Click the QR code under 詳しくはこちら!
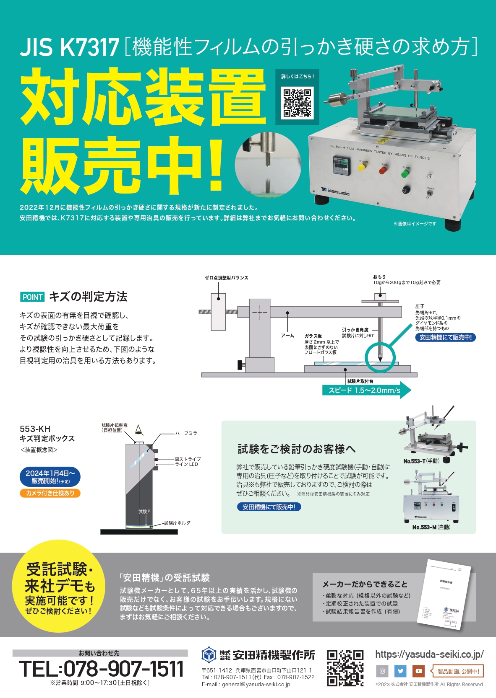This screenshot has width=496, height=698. click(x=297, y=102)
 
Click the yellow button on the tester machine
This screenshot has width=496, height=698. click(x=361, y=168)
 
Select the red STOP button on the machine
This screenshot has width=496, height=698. click(x=383, y=170)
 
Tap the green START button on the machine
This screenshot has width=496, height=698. click(x=405, y=173)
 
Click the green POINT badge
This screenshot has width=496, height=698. click(x=32, y=297)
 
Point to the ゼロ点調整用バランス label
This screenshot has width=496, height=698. click(x=226, y=278)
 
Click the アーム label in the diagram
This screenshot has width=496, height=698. click(x=287, y=336)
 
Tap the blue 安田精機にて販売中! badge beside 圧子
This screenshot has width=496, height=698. click(x=445, y=337)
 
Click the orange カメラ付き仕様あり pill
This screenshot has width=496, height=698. click(x=50, y=493)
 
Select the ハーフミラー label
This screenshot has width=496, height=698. click(x=188, y=433)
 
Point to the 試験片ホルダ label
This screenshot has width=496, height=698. click(x=177, y=523)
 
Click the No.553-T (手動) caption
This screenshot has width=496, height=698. click(x=421, y=461)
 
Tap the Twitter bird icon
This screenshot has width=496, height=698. click(x=400, y=671)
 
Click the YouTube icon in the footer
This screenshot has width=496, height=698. click(x=418, y=671)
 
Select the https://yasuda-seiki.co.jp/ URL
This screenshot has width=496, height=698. click(x=429, y=654)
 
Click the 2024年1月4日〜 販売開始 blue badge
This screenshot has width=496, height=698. click(x=50, y=477)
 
